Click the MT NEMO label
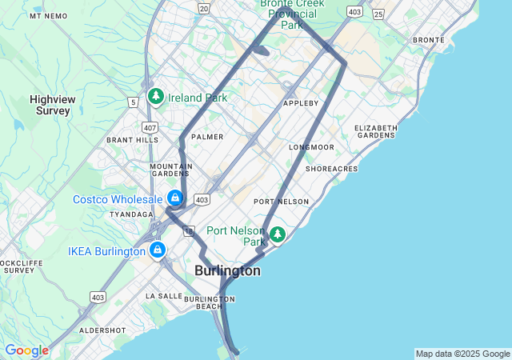pyautogui.click(x=49, y=16)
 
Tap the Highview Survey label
pyautogui.click(x=53, y=105)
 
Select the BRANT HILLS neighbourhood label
pyautogui.click(x=133, y=140)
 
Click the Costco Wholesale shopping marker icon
pyautogui.click(x=174, y=198)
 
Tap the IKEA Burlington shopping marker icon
pyautogui.click(x=158, y=251)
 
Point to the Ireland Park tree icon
pyautogui.click(x=155, y=98)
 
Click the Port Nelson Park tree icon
pyautogui.click(x=277, y=234)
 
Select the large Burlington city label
pyautogui.click(x=227, y=271)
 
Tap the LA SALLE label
pyautogui.click(x=164, y=296)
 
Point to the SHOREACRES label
pyautogui.click(x=331, y=169)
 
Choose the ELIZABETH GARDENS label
pyautogui.click(x=375, y=131)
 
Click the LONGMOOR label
pyautogui.click(x=311, y=147)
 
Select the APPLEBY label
pyautogui.click(x=301, y=103)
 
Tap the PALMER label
pyautogui.click(x=207, y=137)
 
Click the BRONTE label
pyautogui.click(x=428, y=40)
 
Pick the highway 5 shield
pyautogui.click(x=132, y=102)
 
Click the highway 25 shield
pyautogui.click(x=378, y=14)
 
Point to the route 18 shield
pyautogui.click(x=188, y=231)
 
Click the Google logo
pyautogui.click(x=26, y=350)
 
